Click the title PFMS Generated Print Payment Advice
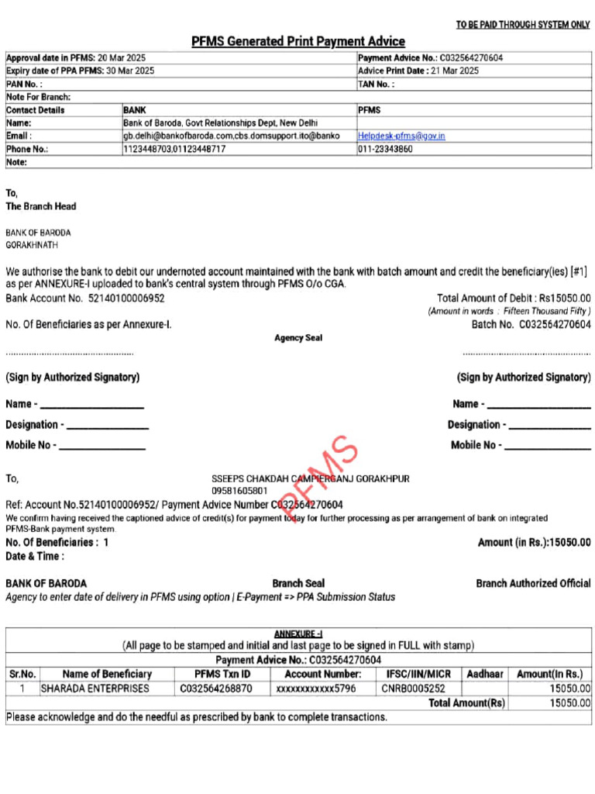[x=298, y=41]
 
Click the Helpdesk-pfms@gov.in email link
[x=401, y=136]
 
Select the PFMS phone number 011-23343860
[x=385, y=149]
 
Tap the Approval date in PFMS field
[x=76, y=58]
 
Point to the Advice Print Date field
[x=418, y=71]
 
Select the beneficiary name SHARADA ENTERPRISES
[x=95, y=688]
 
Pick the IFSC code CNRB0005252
[x=413, y=688]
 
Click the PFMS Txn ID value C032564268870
[x=216, y=688]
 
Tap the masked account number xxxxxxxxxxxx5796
[x=316, y=688]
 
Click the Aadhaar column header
[x=486, y=675]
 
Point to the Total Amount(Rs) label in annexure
[x=466, y=703]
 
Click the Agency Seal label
[x=298, y=338]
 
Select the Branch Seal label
[x=298, y=583]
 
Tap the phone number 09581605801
[x=239, y=491]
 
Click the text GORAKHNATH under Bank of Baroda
[x=32, y=245]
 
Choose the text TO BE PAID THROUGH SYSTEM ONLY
[x=523, y=25]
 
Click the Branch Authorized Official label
[x=533, y=583]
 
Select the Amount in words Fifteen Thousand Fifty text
[x=510, y=311]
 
